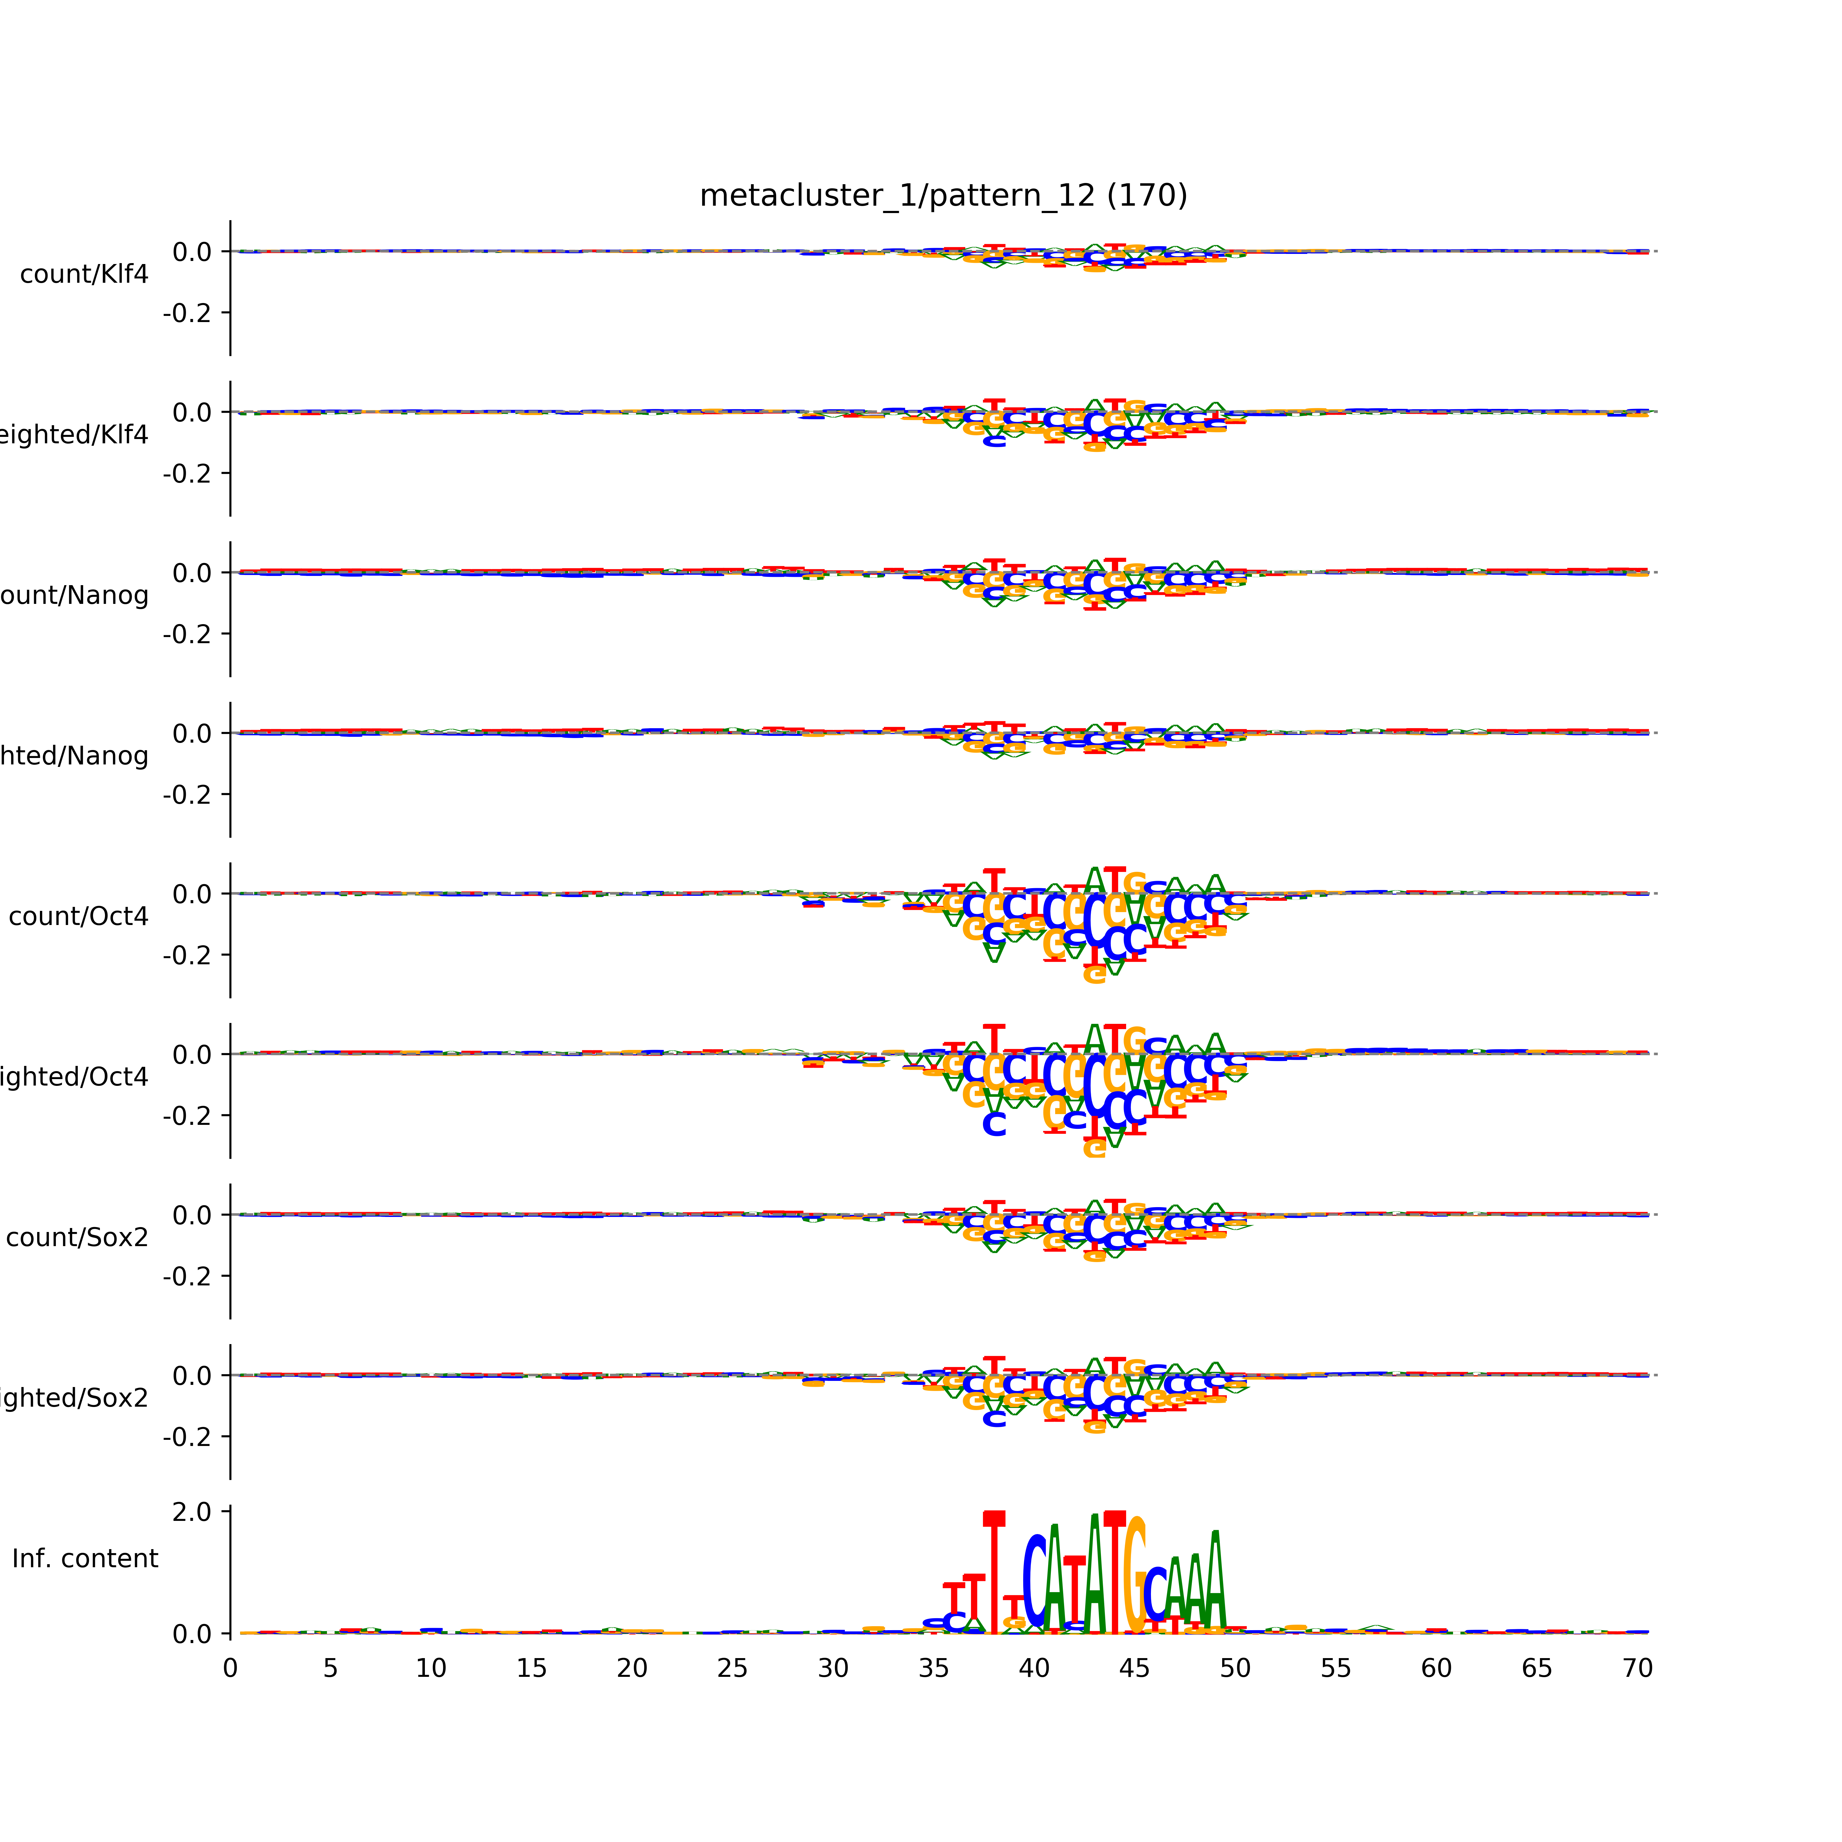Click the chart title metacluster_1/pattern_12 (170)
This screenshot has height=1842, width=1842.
tap(943, 196)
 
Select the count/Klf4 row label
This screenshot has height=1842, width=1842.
tap(84, 274)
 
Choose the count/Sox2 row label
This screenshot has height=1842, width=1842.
tap(77, 1238)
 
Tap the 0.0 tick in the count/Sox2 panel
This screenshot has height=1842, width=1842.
tap(192, 1216)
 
